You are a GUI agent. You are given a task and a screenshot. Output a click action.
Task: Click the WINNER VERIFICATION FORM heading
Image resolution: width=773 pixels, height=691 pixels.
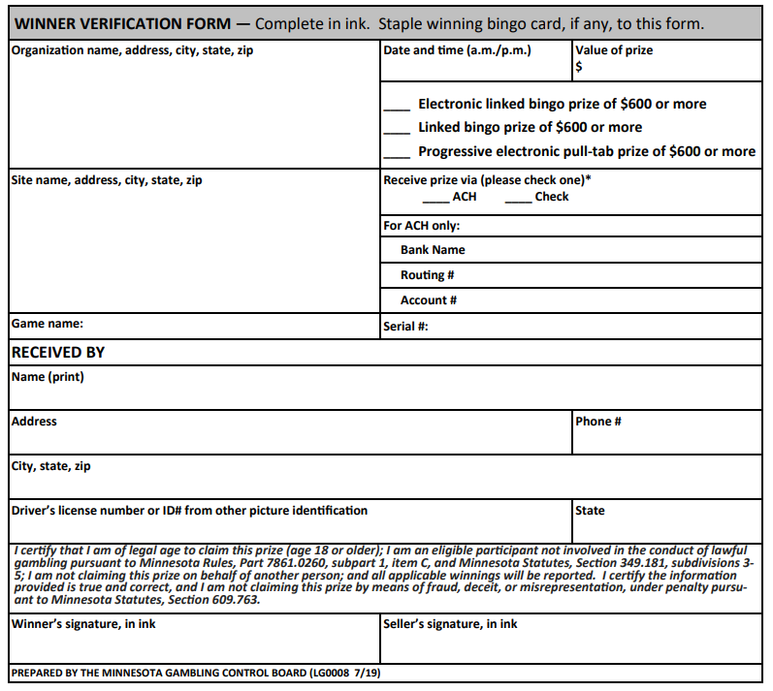121,23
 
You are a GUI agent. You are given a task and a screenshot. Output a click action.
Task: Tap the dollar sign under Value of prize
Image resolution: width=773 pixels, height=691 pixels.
579,67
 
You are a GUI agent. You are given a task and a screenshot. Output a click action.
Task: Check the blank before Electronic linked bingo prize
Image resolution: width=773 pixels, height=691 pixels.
397,106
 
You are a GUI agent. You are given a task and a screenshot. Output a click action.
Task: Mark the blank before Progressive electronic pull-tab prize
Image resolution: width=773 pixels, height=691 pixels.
397,153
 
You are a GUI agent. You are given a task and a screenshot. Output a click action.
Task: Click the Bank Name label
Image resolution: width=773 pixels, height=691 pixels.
433,250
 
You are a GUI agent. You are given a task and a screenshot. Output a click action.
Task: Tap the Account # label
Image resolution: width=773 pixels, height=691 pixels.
429,300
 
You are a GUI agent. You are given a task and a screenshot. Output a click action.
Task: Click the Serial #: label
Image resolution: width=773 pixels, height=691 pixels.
406,327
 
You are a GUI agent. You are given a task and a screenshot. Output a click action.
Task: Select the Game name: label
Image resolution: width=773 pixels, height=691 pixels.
47,324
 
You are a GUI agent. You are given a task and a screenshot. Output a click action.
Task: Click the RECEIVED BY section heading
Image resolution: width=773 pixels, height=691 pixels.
57,353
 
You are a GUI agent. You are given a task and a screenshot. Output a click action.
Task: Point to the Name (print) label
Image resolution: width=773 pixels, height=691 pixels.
48,377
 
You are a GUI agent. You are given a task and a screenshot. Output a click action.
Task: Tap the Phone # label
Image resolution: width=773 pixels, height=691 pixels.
598,422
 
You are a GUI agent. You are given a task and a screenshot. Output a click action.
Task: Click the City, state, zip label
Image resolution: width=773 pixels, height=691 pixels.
50,466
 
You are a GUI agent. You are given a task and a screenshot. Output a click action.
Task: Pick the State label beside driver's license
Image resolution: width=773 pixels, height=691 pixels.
590,510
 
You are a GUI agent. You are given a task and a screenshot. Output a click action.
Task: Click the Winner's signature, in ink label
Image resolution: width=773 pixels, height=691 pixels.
83,624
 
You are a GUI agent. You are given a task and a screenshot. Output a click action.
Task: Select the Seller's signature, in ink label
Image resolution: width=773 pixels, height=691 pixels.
450,624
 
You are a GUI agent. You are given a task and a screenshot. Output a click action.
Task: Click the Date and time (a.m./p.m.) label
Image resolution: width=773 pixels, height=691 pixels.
457,50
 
